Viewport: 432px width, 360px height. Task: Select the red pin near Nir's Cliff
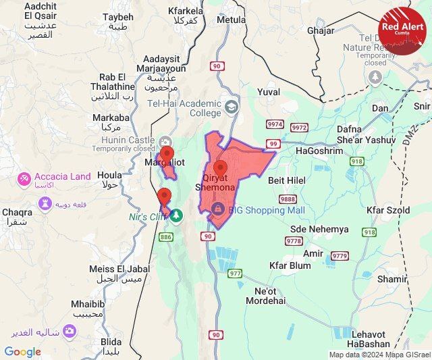(x=163, y=197)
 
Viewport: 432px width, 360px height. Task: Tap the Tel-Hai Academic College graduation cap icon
(x=232, y=107)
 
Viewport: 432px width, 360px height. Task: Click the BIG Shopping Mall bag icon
(x=217, y=210)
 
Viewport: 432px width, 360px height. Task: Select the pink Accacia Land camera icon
(x=24, y=179)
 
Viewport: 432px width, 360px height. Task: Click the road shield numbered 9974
(x=275, y=125)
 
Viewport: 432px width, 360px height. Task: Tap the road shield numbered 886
(x=166, y=236)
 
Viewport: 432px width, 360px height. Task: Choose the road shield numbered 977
(x=234, y=274)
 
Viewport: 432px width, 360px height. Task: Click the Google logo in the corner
(x=22, y=351)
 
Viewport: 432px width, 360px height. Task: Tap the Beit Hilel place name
(x=287, y=180)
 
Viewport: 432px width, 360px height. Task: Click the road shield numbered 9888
(x=288, y=199)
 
